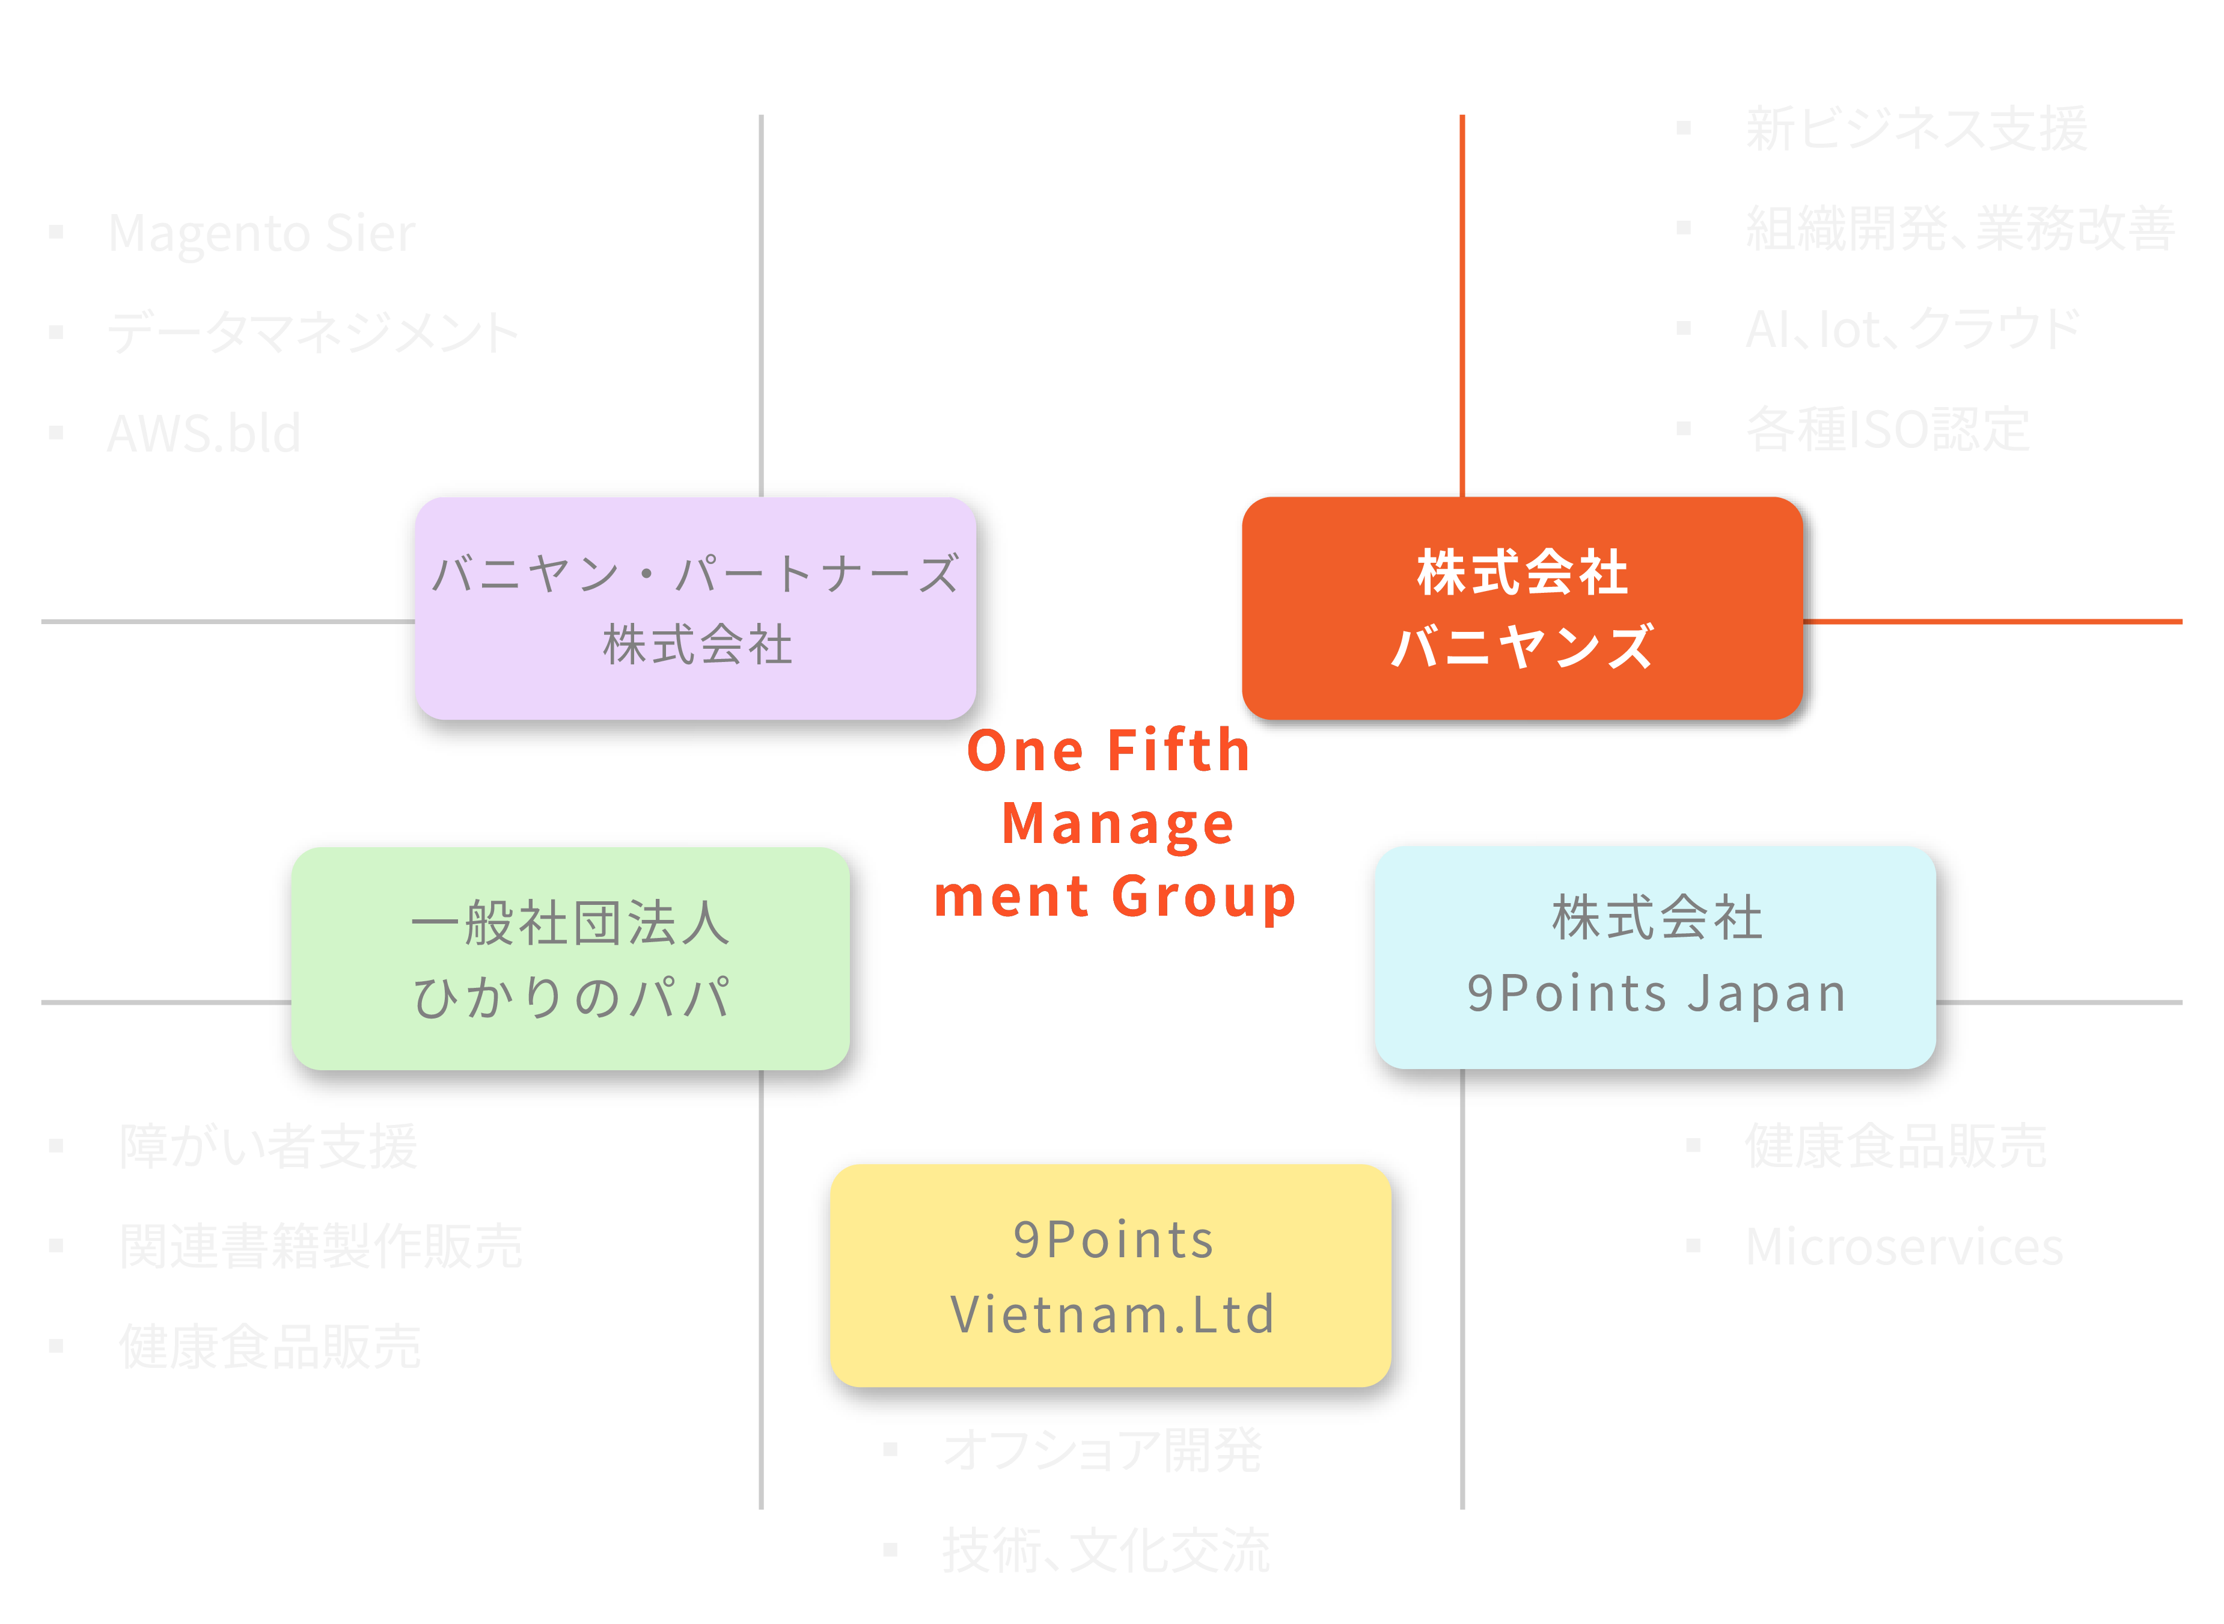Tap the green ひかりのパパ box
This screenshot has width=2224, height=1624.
point(570,958)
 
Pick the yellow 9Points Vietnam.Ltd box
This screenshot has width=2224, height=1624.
point(1111,1275)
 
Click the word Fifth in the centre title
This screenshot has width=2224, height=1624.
point(1178,751)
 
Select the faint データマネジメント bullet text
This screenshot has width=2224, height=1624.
point(313,332)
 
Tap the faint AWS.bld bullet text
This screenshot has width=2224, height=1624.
point(203,434)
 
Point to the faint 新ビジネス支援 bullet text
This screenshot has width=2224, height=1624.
point(1916,129)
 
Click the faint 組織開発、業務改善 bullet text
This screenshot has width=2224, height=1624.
point(1960,229)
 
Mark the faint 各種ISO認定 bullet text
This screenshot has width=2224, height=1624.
point(1887,429)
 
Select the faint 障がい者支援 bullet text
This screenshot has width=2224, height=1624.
point(268,1146)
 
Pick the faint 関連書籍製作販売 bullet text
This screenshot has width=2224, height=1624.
point(320,1246)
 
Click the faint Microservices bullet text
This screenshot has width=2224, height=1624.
point(1904,1246)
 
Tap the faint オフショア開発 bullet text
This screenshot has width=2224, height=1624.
point(1102,1450)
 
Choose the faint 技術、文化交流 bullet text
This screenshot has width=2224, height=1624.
point(1105,1551)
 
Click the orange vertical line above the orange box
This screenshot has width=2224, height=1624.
point(1462,295)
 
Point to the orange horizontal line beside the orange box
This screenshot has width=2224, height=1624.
point(1995,621)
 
